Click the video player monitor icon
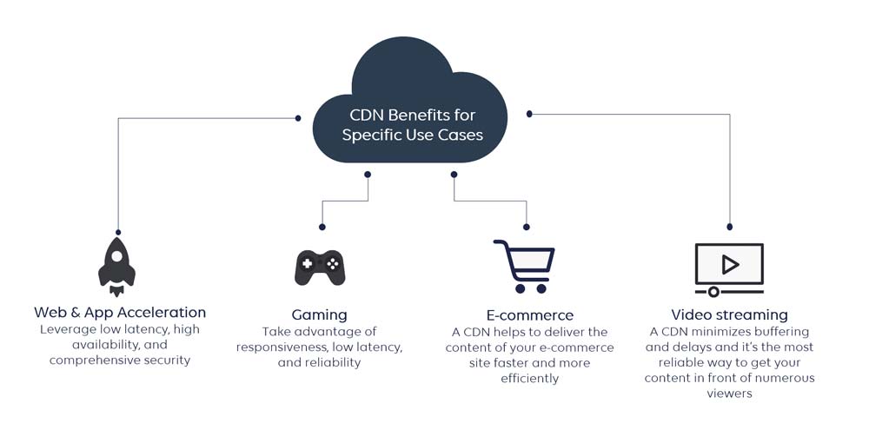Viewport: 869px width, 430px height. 729,267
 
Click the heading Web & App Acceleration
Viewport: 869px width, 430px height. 120,312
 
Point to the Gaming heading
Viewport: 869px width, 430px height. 319,314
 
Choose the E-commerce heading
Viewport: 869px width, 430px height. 529,314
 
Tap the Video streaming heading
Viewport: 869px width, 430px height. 729,314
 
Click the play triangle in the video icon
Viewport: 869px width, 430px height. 730,263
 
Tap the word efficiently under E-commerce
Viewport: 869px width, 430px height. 529,379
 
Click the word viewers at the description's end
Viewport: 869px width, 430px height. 729,394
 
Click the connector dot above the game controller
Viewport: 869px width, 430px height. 322,227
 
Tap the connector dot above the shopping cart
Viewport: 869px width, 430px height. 527,227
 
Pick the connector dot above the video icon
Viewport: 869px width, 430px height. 729,227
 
